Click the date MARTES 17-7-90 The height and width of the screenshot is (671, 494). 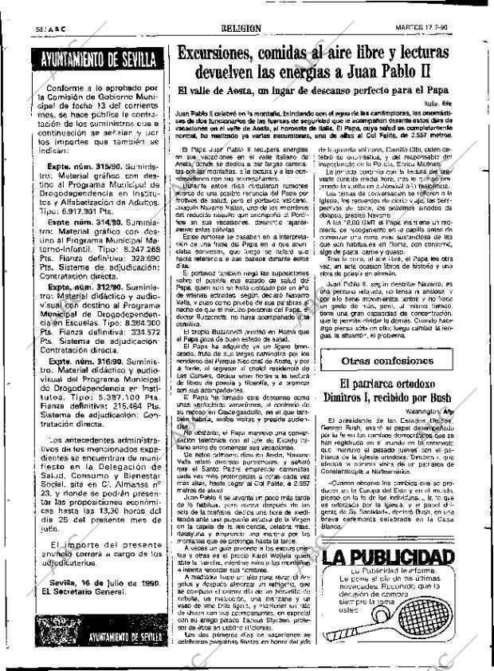(444, 27)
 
